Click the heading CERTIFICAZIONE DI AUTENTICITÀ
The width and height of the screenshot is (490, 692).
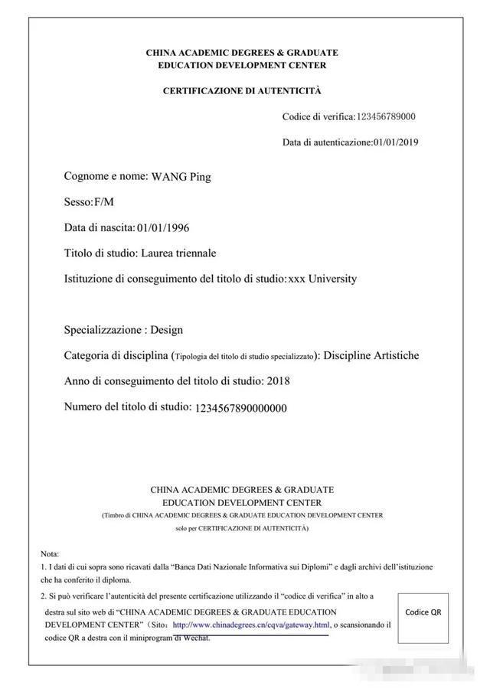[242, 91]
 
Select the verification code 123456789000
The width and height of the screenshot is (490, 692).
[386, 117]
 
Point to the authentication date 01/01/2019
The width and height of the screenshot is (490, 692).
[396, 142]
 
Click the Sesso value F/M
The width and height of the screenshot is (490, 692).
[103, 202]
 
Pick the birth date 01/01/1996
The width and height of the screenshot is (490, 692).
[163, 228]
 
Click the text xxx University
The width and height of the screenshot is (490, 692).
[322, 279]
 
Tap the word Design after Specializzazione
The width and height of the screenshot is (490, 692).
[166, 331]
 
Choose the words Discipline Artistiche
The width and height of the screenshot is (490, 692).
[371, 356]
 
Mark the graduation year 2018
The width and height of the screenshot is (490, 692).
[278, 381]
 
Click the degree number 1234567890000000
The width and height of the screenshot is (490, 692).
[241, 408]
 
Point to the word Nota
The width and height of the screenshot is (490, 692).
[49, 553]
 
